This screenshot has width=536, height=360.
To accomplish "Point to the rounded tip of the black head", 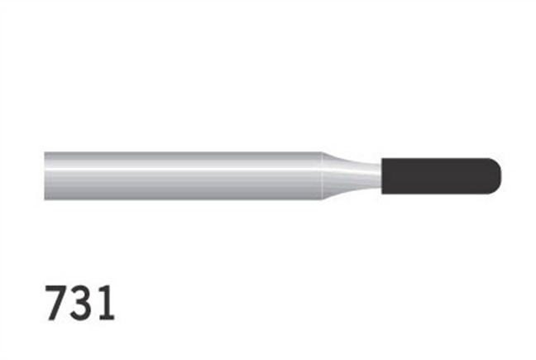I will tap(499, 175).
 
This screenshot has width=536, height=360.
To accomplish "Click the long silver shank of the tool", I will tap(182, 175).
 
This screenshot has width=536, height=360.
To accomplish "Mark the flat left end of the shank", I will tap(45, 175).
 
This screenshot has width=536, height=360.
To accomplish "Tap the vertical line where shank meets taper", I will tap(321, 175).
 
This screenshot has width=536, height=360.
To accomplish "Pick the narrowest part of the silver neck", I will tap(372, 175).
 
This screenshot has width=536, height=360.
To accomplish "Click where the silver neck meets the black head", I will tap(380, 175).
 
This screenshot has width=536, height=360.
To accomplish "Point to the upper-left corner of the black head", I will tap(382, 158).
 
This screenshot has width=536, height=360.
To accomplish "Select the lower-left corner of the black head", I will tap(382, 193).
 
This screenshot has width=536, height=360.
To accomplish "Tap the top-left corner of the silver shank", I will tap(45, 153).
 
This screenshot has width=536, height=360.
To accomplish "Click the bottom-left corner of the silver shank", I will tap(45, 197).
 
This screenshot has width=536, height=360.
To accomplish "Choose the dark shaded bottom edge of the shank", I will tap(182, 195).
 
